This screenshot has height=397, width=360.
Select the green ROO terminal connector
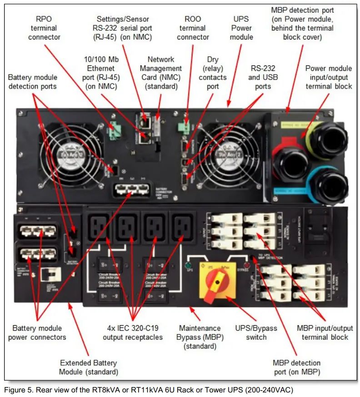[x=184, y=128]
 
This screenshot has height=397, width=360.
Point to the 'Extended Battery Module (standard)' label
[x=89, y=367]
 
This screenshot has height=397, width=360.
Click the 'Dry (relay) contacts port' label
[x=213, y=73]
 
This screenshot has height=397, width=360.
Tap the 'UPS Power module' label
[x=241, y=28]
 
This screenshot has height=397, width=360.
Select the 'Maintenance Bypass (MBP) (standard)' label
[x=200, y=337]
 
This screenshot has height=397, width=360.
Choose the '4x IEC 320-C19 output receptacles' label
[x=133, y=332]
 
